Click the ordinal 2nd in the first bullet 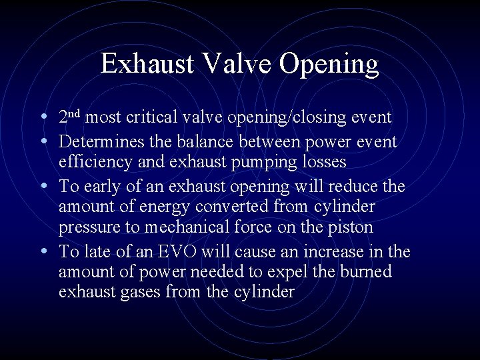[x=69, y=118]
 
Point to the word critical [x=155, y=118]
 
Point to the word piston [x=351, y=228]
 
